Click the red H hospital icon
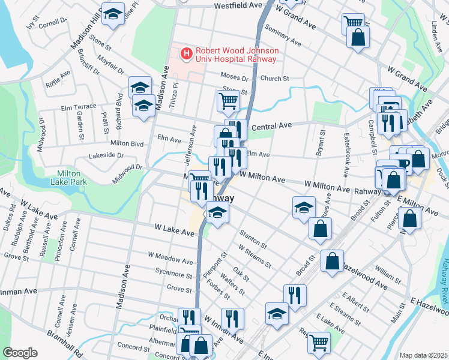pos(187,54)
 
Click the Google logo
pos(20,353)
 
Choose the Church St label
pos(275,79)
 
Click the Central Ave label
pos(271,126)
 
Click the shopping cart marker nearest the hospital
pos(228,101)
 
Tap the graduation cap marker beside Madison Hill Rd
pos(112,14)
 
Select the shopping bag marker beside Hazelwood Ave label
pos(332,261)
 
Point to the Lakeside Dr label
pos(106,155)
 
